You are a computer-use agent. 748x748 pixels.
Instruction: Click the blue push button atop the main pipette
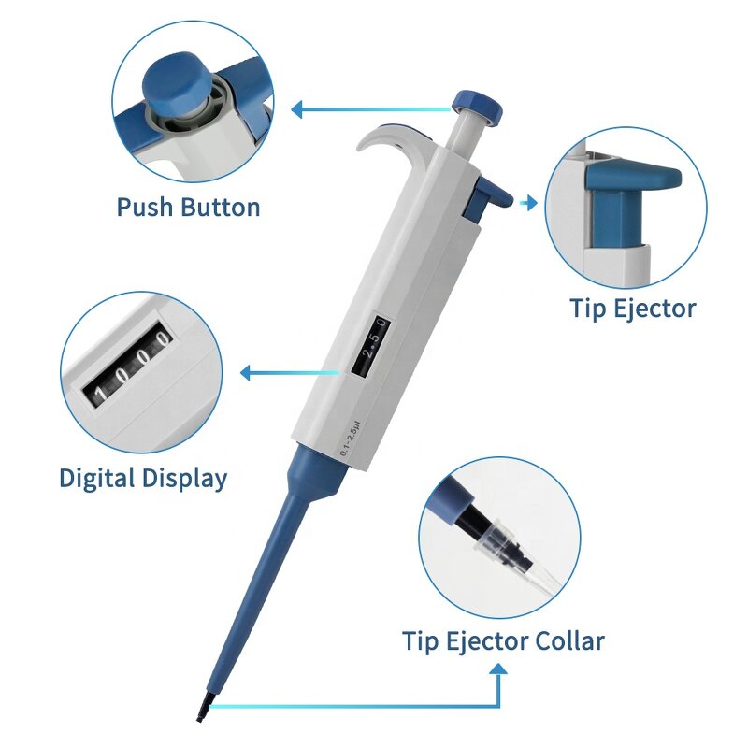[x=471, y=102]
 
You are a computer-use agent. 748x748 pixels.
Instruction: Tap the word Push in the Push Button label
[x=145, y=207]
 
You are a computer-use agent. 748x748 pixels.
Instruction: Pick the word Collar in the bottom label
[x=569, y=641]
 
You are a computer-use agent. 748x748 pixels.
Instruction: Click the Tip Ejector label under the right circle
[x=633, y=308]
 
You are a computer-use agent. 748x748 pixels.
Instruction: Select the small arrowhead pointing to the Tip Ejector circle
[x=532, y=202]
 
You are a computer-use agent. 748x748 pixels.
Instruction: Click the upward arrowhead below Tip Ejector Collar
[x=499, y=670]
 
